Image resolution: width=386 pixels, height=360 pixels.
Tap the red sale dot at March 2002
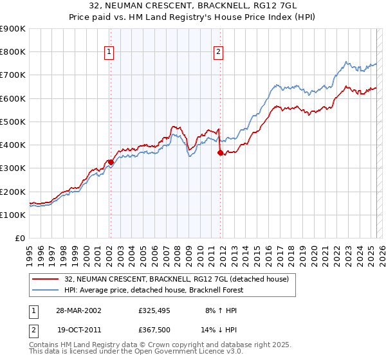[111, 162]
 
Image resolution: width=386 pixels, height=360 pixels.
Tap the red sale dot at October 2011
[220, 152]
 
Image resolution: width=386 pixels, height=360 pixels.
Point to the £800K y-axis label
[13, 52]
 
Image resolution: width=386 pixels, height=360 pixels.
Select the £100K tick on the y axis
[13, 215]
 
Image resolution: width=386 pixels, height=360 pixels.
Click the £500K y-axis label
[13, 122]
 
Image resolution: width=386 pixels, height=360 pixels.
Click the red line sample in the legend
[46, 278]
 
